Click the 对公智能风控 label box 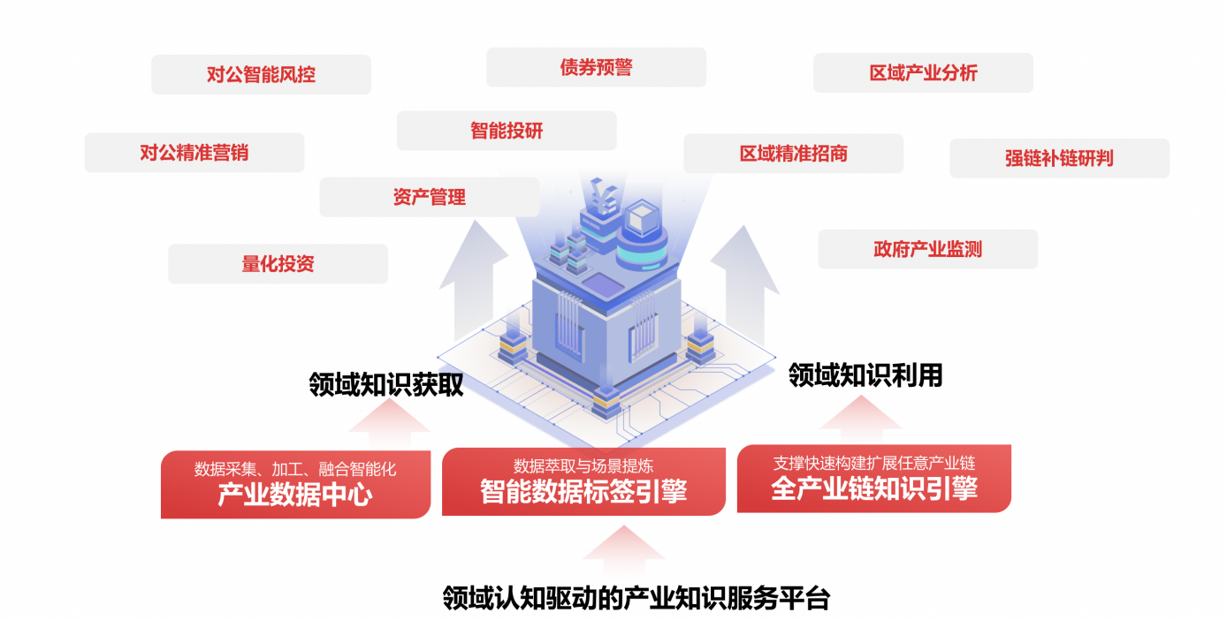click(x=262, y=74)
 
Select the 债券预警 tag click(x=596, y=67)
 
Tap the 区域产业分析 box click(x=923, y=72)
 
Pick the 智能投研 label click(x=507, y=131)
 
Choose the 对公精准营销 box click(x=194, y=153)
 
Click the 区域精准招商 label click(x=793, y=154)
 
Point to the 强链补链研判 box click(x=1059, y=158)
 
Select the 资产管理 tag click(x=430, y=197)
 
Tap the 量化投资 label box click(x=278, y=264)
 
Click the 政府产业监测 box click(x=928, y=249)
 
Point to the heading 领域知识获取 click(x=386, y=384)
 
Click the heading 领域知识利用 click(x=865, y=375)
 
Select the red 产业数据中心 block click(x=296, y=484)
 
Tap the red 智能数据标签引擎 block click(x=584, y=481)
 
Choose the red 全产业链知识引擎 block click(x=874, y=479)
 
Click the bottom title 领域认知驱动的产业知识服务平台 click(x=636, y=598)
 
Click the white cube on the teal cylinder click(x=642, y=219)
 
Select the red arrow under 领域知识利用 click(x=861, y=420)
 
